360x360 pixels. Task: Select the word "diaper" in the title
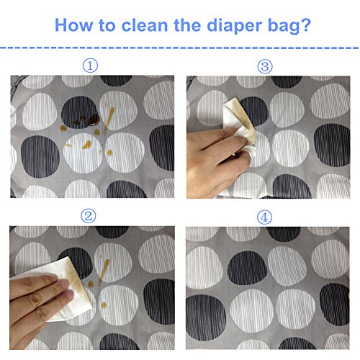point(234,26)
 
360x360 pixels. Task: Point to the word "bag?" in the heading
point(289,26)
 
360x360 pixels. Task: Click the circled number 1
point(90,66)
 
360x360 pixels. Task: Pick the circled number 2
point(89,215)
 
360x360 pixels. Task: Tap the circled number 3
point(265,66)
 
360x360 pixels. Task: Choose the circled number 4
point(264,217)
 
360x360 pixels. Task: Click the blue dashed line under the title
point(179,48)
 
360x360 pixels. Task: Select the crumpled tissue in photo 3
point(240,128)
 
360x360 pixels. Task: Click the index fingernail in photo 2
point(66,284)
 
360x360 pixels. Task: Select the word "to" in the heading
point(107,25)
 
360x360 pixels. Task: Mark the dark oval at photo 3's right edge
point(332,145)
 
